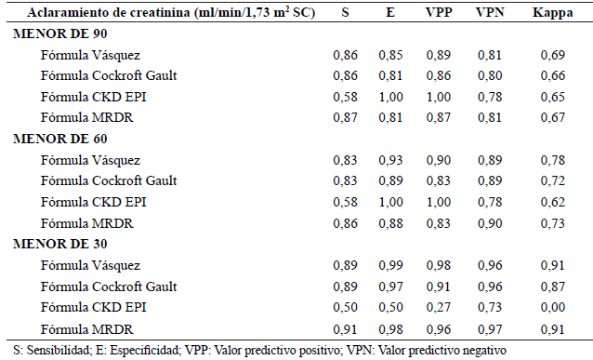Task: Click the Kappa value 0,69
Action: point(552,55)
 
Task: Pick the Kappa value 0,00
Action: point(552,307)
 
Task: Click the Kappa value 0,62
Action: point(552,202)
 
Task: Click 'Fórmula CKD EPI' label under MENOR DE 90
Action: point(86,97)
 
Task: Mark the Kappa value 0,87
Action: point(552,286)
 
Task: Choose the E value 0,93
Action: point(390,160)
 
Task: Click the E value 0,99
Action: point(390,265)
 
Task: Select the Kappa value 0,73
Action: point(552,222)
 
